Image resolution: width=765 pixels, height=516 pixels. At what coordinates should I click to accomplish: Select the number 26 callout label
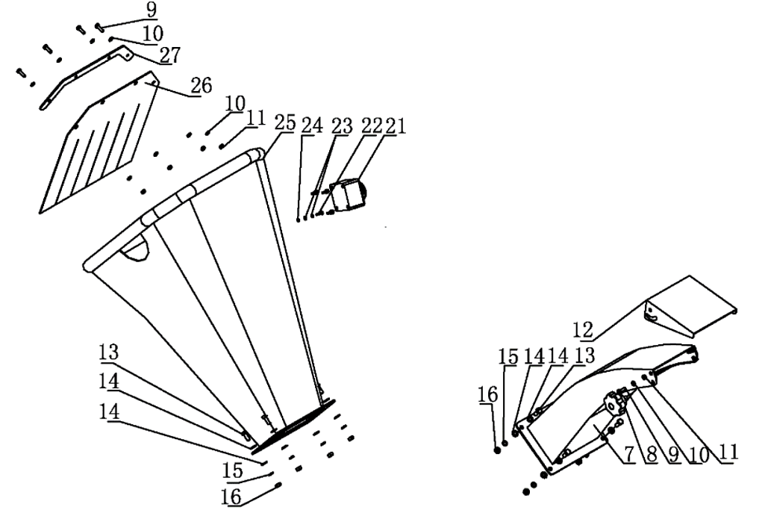tap(201, 86)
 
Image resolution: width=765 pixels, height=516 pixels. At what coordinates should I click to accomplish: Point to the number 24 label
tap(310, 125)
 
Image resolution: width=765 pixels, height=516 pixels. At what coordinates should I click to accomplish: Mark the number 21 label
tap(396, 125)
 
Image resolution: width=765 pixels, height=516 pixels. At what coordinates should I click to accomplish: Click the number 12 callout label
tap(584, 329)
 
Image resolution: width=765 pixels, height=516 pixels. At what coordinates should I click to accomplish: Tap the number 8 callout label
tap(652, 453)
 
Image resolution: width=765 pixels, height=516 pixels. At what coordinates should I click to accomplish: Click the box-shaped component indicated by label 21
tap(349, 196)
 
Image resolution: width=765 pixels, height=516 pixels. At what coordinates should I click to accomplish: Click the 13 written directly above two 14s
tap(109, 352)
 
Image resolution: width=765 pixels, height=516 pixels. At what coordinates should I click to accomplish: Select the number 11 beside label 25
tap(255, 118)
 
